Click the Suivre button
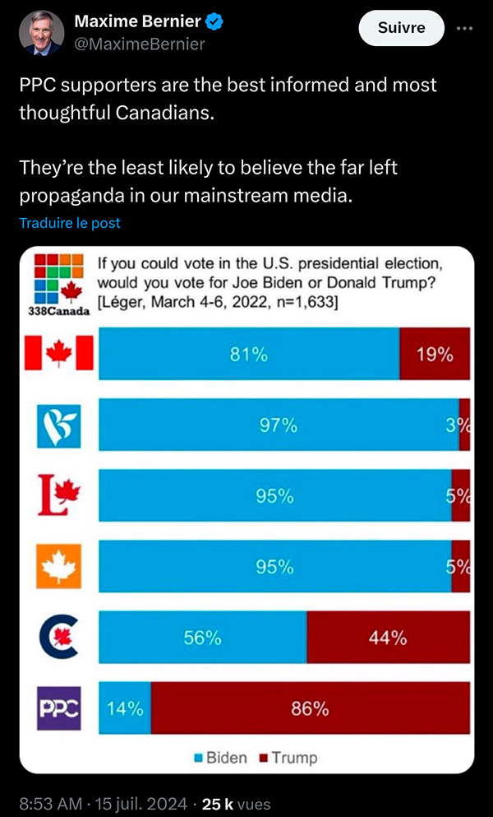(401, 27)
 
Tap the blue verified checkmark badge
(215, 21)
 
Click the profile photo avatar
(42, 32)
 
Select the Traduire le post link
(70, 223)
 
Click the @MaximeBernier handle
(140, 44)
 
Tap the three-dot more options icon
(464, 28)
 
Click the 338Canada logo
(58, 285)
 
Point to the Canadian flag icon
(59, 353)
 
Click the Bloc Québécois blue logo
(59, 425)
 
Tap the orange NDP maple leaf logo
(59, 566)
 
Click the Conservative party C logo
(59, 638)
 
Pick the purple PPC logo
(59, 708)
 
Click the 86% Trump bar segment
(311, 708)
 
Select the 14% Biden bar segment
(125, 708)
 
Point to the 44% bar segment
(389, 638)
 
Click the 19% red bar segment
(435, 353)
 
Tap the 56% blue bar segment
(203, 638)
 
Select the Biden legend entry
(221, 757)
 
